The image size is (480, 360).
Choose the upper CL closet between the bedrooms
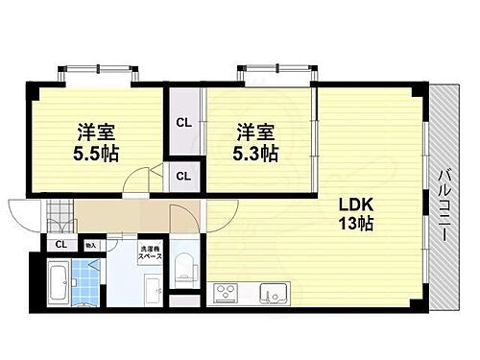182,123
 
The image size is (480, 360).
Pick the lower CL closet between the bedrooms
182,175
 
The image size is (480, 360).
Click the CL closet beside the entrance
60,244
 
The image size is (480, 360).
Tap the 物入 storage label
90,245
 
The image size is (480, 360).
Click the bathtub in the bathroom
57,283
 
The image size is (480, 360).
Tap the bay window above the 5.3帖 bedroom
276,74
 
